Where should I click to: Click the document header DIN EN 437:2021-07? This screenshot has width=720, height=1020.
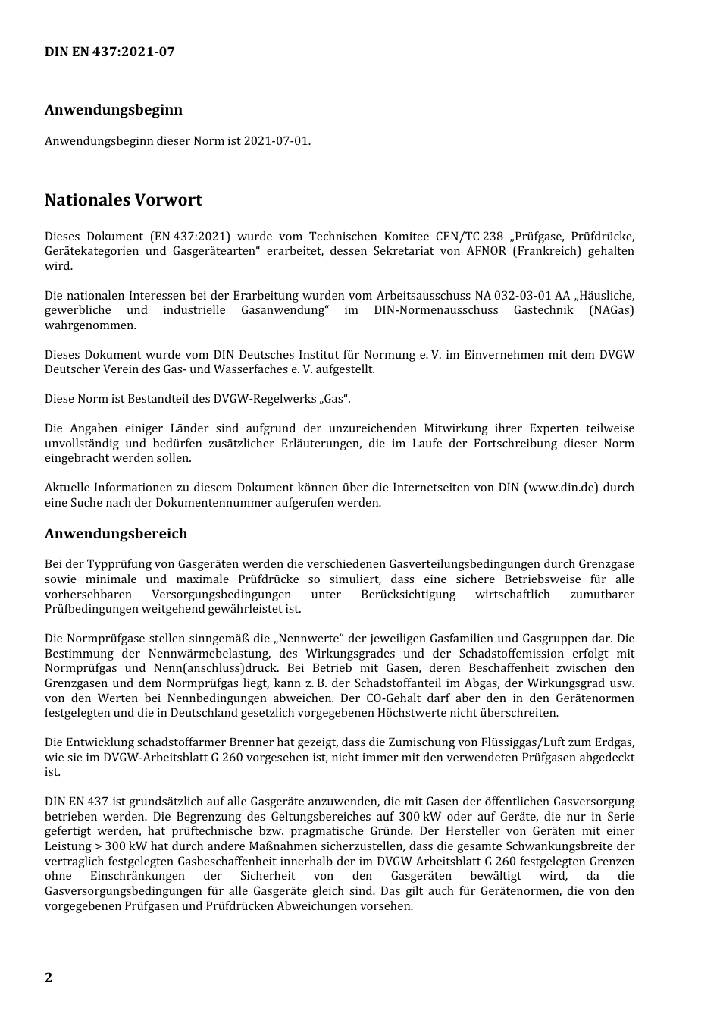click(109, 52)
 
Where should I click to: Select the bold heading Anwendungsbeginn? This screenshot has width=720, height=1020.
click(113, 109)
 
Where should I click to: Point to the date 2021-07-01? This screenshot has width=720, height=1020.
click(277, 141)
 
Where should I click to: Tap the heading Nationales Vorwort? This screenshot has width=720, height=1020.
click(123, 200)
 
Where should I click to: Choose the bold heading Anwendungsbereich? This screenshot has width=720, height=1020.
click(115, 534)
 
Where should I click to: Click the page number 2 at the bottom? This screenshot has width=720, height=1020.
click(49, 978)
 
